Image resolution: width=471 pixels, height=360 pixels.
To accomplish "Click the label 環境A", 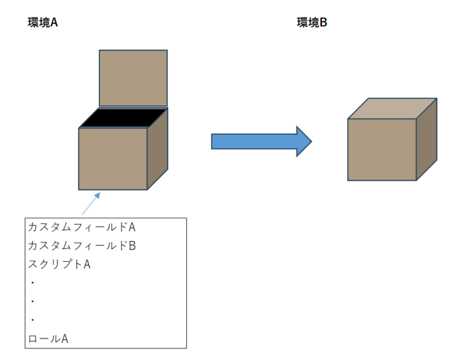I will [x=43, y=23].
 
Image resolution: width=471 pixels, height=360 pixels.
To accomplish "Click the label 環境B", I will [x=313, y=23].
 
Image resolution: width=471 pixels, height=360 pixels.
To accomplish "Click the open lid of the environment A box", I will [x=133, y=78].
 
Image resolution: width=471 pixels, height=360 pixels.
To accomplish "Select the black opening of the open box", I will [x=123, y=118].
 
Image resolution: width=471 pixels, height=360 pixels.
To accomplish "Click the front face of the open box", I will [x=113, y=158].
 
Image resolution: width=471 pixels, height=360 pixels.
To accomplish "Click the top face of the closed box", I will [x=392, y=109].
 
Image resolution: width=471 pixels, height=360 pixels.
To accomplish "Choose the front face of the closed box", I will [x=382, y=149].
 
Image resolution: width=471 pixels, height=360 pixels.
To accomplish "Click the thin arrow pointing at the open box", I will [x=90, y=203].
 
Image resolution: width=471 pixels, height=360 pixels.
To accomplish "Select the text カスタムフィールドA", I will [x=81, y=228].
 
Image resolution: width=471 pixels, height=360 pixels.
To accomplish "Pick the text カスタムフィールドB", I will [x=81, y=246].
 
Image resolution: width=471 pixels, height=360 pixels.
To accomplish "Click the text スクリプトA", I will [x=59, y=264].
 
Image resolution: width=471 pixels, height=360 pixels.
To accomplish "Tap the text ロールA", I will [x=48, y=339].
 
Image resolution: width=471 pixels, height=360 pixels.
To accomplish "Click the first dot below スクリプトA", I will [x=32, y=283].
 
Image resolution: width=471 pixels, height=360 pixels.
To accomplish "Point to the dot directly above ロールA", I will [x=32, y=320].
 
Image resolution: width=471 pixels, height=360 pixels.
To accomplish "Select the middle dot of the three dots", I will [x=32, y=302].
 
